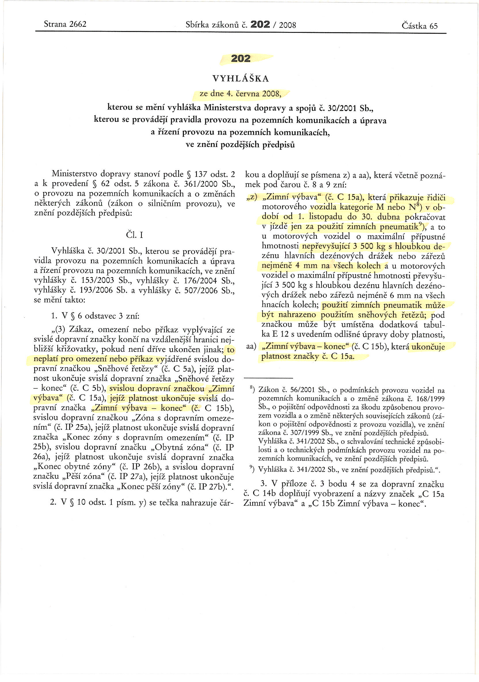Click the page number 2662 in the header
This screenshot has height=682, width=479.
(77, 24)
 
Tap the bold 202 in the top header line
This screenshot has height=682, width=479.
(260, 24)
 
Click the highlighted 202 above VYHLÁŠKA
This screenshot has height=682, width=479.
(241, 58)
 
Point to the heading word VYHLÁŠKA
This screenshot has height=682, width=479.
(241, 78)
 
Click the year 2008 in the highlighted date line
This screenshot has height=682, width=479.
(271, 94)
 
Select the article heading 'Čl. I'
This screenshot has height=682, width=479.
(134, 235)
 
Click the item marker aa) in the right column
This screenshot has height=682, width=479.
(251, 346)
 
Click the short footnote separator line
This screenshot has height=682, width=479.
(268, 378)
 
